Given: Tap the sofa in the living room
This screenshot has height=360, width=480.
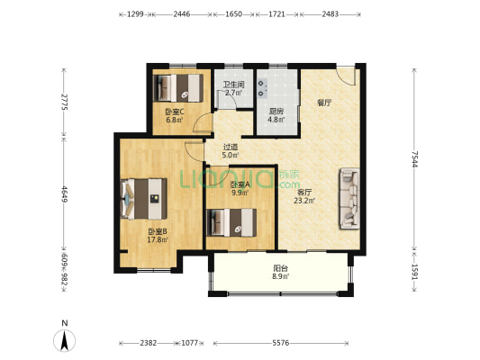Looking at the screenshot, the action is [349, 198].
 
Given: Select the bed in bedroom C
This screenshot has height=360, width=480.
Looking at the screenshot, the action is [178, 88].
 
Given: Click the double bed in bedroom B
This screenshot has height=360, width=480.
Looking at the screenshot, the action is [144, 199].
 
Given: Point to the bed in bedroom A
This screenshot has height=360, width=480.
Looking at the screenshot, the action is [231, 222].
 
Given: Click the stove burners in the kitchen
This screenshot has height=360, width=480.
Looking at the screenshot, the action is [262, 88].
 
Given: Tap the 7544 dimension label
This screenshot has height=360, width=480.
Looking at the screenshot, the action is [414, 159].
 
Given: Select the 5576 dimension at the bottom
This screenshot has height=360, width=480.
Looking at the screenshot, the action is [281, 343].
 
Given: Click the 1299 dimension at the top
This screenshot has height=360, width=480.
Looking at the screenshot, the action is [135, 14].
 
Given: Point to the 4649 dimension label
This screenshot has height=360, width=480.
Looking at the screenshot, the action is [64, 194].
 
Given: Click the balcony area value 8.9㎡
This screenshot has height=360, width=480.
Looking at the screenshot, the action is [281, 276].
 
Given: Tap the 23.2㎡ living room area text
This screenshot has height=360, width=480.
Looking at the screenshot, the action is [304, 201].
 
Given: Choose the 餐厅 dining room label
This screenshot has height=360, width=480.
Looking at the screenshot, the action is [324, 103].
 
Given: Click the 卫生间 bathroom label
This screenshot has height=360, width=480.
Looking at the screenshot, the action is [233, 84].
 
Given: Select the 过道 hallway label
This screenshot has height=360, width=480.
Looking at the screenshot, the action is [231, 148].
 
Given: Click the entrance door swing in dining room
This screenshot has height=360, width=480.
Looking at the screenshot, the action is [346, 75].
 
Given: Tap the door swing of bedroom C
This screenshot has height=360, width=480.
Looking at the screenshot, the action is [203, 123].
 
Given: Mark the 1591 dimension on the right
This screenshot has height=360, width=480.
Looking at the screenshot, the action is [414, 272].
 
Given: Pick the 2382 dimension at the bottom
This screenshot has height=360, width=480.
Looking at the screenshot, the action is [149, 343].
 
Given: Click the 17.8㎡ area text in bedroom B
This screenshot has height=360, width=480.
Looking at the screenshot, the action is [158, 239].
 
